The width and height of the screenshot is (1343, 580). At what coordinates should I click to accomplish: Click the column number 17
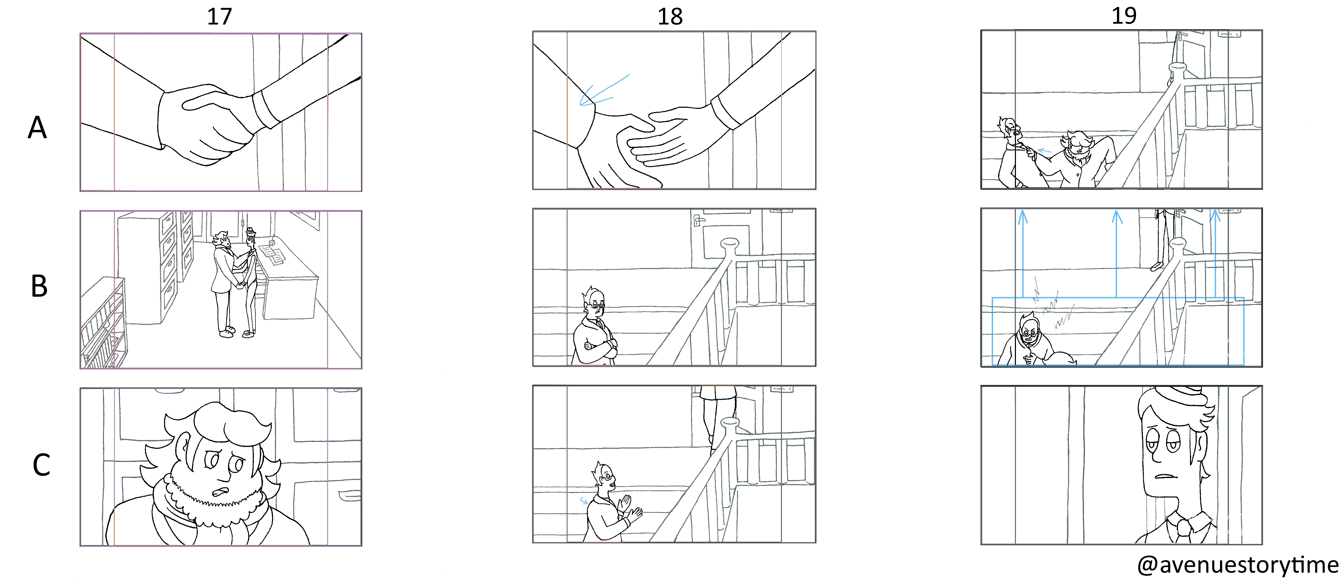220,17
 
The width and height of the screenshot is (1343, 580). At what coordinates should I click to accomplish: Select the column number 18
670,17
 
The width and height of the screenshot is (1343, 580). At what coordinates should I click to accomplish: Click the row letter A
38,127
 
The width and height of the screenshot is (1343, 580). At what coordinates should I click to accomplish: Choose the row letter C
41,465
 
